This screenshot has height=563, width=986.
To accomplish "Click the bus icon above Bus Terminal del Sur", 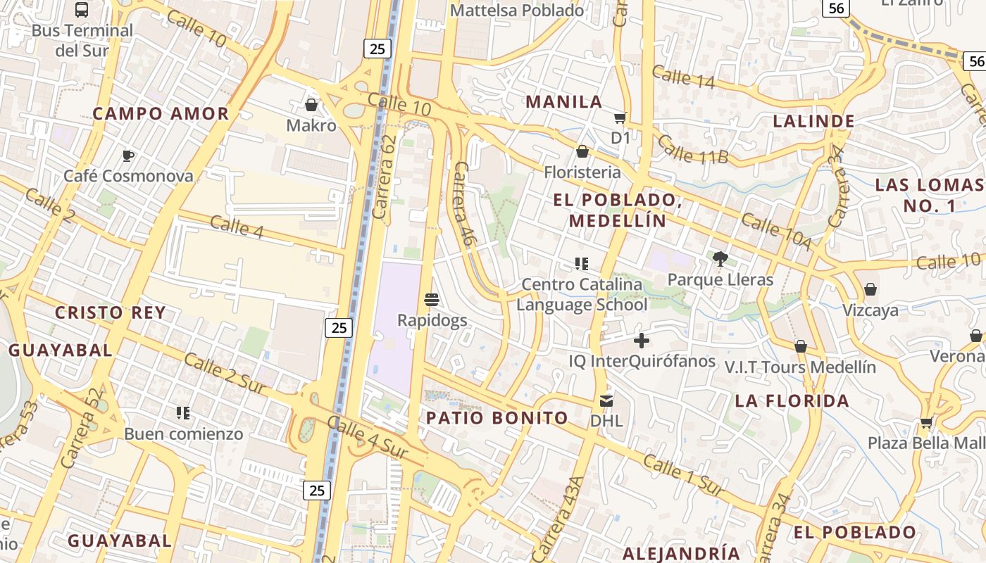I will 82,10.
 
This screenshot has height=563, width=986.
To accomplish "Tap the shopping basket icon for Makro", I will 311,105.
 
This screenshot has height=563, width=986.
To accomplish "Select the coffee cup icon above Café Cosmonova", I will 127,156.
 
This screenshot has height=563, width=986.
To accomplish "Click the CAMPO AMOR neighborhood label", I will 161,113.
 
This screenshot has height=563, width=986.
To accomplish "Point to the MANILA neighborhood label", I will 564,101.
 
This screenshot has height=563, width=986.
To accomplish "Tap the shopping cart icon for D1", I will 620,118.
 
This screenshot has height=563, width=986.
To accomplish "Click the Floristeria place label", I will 582,172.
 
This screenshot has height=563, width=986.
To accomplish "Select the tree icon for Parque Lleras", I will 720,259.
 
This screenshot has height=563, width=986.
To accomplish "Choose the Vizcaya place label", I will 870,310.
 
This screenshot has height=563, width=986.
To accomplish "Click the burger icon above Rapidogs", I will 432,300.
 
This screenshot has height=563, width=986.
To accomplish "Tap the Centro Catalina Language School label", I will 582,295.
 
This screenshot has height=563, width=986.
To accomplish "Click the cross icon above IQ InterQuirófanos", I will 641,341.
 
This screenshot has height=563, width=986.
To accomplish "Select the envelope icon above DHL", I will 606,400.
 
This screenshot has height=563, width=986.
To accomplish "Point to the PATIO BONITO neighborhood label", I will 497,417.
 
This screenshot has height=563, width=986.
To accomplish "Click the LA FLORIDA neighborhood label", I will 792,401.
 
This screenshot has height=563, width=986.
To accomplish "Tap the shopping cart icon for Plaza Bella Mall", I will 926,422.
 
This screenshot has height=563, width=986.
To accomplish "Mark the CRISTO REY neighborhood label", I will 111,313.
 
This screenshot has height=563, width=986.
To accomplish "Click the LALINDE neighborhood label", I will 813,121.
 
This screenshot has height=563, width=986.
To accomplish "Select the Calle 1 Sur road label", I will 683,476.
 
